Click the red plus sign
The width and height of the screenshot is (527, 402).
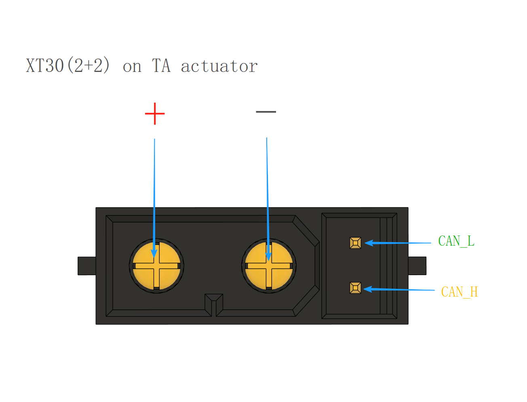pos(155,114)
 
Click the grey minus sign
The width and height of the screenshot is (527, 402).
pos(266,112)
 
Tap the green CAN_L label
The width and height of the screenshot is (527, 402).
pos(456,241)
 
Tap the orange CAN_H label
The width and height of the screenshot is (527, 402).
pos(459,292)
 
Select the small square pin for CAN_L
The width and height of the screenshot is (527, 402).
pos(355,243)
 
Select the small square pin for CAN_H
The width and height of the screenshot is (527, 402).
pos(355,288)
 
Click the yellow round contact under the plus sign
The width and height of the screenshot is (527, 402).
pos(156,266)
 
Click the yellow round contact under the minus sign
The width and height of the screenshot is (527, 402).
pos(269,266)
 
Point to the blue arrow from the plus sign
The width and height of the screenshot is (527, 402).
pos(154,198)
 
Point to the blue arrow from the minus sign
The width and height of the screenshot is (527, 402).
pos(268,199)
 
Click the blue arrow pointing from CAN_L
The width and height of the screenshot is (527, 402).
pos(398,243)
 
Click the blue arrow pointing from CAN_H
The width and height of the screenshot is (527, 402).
pos(399,289)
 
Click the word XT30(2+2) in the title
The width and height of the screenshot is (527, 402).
pos(68,65)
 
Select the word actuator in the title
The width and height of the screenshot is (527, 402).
pos(219,66)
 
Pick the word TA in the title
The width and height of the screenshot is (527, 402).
pos(161,65)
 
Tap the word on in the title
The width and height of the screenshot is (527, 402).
pos(132,67)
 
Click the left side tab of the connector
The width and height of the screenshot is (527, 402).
pos(86,266)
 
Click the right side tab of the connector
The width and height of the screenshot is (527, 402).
pos(417,266)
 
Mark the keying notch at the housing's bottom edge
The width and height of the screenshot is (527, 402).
pos(214,305)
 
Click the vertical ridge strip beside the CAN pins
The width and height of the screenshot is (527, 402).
pos(386,266)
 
